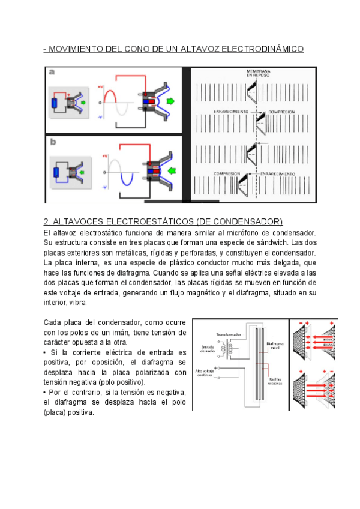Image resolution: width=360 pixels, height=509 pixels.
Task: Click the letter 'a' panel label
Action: (x=52, y=72)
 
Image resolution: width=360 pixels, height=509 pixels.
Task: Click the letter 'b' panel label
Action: (x=53, y=142)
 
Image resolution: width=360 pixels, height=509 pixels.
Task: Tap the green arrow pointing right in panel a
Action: (x=172, y=101)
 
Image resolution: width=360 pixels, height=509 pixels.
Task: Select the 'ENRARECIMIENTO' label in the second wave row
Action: (x=229, y=112)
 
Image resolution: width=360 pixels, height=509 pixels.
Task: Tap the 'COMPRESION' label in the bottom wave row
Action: (x=227, y=174)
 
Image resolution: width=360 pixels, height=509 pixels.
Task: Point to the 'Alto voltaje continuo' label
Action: (x=205, y=373)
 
